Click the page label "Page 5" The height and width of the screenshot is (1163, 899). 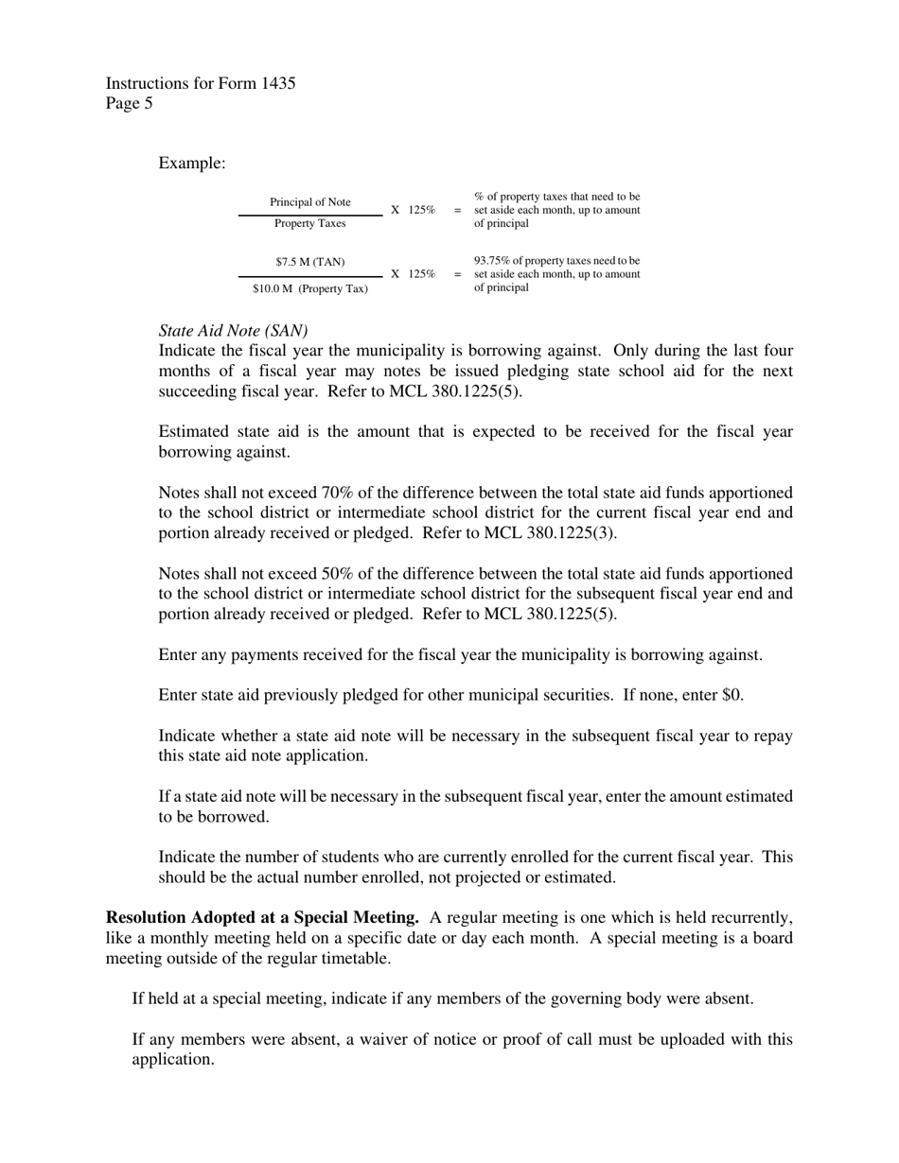tap(130, 104)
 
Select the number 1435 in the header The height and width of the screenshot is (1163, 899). tap(275, 83)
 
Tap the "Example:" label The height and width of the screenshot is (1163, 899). tap(192, 164)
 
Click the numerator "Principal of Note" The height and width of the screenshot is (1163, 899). tap(310, 202)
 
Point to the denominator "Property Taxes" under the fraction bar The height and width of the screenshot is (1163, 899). tap(310, 224)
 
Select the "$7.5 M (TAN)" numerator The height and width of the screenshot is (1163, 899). tap(310, 261)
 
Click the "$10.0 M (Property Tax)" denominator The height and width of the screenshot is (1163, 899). tap(310, 288)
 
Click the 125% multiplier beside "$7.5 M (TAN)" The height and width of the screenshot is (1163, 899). tap(421, 274)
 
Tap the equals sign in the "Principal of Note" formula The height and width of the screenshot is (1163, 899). tap(458, 210)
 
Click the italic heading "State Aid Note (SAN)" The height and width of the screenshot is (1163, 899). tap(233, 331)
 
